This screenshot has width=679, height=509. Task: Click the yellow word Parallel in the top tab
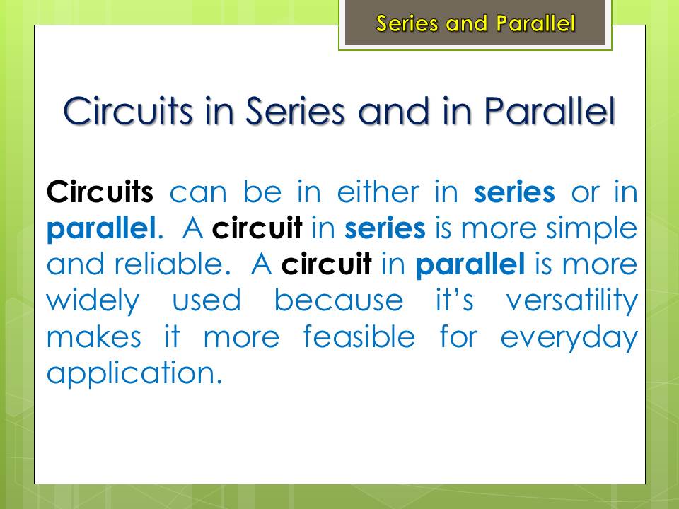coord(535,23)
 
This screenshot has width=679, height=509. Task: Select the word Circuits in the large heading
coord(128,111)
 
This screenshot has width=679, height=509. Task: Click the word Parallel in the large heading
coord(550,111)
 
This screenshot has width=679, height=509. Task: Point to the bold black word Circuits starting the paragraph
coord(100,192)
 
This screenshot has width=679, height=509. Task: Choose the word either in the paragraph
coord(378,192)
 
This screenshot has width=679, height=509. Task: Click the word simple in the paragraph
coord(591,228)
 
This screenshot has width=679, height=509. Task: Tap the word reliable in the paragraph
coord(168,264)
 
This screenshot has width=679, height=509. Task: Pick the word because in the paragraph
coord(339,300)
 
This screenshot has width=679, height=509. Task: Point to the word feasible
coord(359,337)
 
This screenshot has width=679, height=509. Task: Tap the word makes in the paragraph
coord(94,337)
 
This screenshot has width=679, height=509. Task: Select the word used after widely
coord(207,300)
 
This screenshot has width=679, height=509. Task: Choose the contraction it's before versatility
coord(454,300)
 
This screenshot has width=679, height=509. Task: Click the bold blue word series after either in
coord(514,192)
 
